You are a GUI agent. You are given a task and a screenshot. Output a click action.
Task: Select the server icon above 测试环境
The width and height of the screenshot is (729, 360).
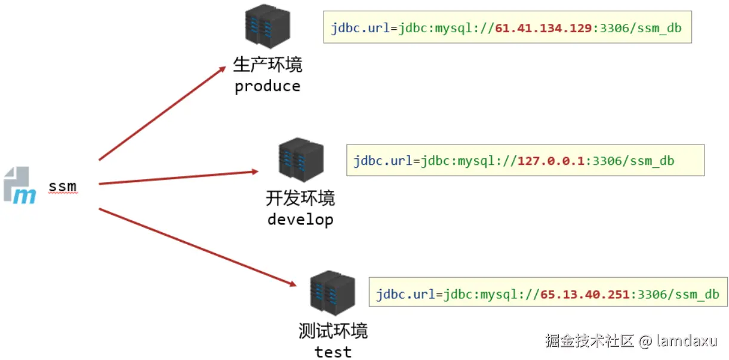(x=333, y=294)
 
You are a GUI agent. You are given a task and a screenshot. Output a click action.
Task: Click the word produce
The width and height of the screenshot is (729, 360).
(x=267, y=87)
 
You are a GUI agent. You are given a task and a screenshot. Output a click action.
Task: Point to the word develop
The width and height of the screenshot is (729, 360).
(x=300, y=220)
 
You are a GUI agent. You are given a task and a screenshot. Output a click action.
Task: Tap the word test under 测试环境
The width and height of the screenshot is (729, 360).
(x=333, y=352)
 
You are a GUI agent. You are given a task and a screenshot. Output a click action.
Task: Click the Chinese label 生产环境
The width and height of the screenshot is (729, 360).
(x=267, y=64)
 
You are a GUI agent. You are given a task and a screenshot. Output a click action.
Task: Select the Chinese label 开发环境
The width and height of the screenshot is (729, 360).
(x=300, y=198)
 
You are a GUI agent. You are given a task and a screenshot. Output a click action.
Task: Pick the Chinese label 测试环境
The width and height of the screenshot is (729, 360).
(x=333, y=331)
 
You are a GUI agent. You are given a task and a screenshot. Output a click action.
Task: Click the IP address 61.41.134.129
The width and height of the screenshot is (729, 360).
(x=543, y=28)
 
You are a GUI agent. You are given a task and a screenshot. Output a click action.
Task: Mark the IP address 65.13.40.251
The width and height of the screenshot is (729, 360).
(x=585, y=294)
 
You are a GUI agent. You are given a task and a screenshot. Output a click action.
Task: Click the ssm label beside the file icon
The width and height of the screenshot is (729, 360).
(x=63, y=186)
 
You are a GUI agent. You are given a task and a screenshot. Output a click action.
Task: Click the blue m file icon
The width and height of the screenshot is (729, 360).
(x=20, y=186)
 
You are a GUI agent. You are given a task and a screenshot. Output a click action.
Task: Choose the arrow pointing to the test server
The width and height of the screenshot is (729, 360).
(x=197, y=247)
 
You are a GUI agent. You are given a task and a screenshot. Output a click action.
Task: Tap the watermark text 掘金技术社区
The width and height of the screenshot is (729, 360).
(x=588, y=341)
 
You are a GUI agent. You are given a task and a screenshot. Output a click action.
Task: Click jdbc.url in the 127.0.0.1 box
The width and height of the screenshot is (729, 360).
(x=382, y=161)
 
